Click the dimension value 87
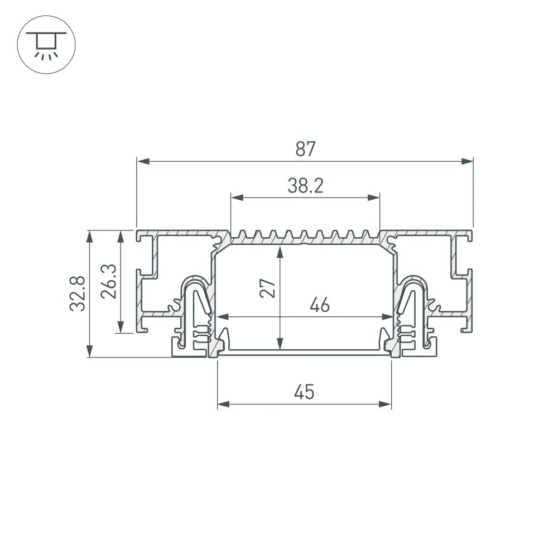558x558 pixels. tap(306, 149)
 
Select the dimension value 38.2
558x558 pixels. tap(306, 186)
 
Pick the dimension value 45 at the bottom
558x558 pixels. tap(304, 393)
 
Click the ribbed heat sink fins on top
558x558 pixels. tap(305, 235)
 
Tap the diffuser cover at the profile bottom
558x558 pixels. tap(304, 352)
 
